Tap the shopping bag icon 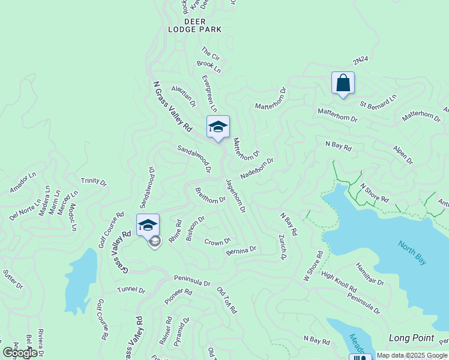pos(343,83)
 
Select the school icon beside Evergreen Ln pos(218,127)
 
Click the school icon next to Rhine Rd pos(148,226)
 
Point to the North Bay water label pos(412,253)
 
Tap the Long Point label pos(411,338)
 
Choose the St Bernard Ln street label pos(378,101)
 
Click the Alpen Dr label pos(403,154)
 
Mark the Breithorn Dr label pos(210,196)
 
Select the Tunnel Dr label pos(131,290)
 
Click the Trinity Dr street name pos(93,181)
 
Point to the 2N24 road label pos(360,61)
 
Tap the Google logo pos(20,353)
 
